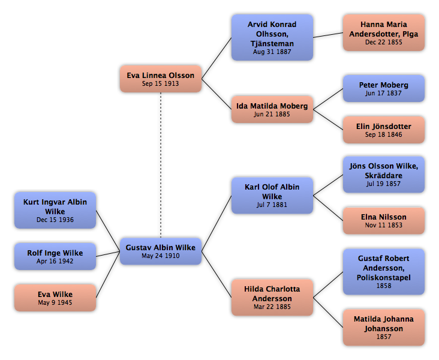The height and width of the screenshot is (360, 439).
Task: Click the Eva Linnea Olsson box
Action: (161, 79)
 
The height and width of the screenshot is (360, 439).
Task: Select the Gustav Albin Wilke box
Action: (161, 251)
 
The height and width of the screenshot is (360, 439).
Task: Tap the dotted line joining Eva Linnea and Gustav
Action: (161, 165)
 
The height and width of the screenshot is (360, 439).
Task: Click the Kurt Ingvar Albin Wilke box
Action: (55, 210)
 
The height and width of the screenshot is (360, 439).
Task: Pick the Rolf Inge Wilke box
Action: (55, 256)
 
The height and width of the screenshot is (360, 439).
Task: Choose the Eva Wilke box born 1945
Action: (55, 298)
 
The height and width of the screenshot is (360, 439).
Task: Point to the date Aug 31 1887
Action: (272, 52)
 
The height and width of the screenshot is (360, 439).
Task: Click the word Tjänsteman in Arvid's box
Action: (272, 44)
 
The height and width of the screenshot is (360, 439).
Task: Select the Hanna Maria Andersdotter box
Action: (384, 33)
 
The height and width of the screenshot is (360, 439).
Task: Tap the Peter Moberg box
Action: (384, 88)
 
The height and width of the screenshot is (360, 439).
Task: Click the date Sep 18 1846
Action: (384, 135)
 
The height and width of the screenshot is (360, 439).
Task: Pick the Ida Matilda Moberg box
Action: (272, 109)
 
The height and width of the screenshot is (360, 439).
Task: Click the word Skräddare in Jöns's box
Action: (384, 176)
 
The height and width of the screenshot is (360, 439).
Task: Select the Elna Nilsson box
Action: (384, 221)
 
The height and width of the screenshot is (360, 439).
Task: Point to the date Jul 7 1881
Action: (272, 205)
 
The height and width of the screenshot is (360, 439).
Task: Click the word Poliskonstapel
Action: (384, 278)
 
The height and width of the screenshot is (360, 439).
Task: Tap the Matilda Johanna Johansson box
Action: (384, 328)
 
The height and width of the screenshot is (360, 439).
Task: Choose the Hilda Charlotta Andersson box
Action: (272, 297)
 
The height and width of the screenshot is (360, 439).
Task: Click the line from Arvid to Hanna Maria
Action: (328, 35)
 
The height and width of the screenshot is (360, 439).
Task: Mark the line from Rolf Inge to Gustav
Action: (108, 254)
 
